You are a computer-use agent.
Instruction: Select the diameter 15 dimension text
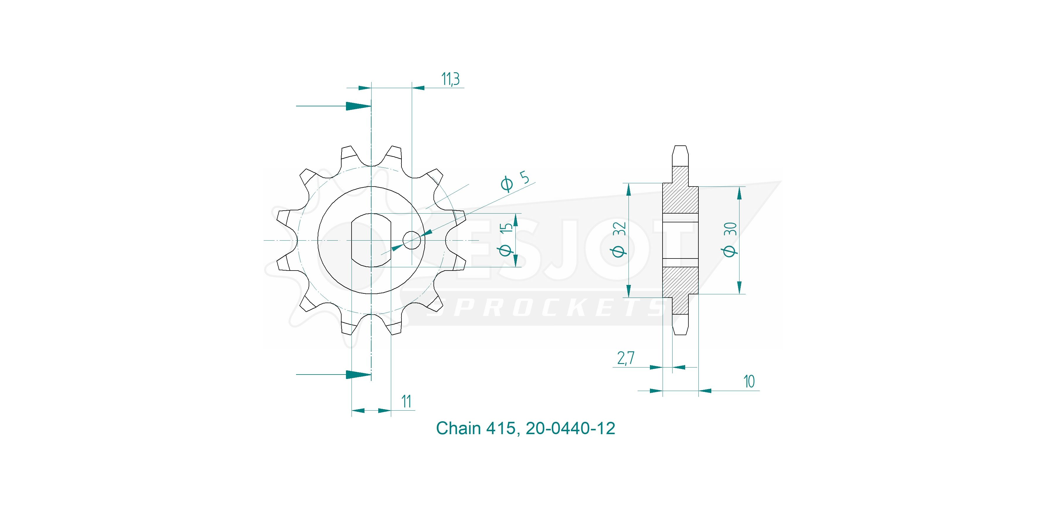point(506,239)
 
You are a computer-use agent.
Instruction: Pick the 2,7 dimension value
point(626,358)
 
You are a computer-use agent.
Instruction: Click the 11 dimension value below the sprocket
point(406,401)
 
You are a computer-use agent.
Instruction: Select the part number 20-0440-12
point(570,428)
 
